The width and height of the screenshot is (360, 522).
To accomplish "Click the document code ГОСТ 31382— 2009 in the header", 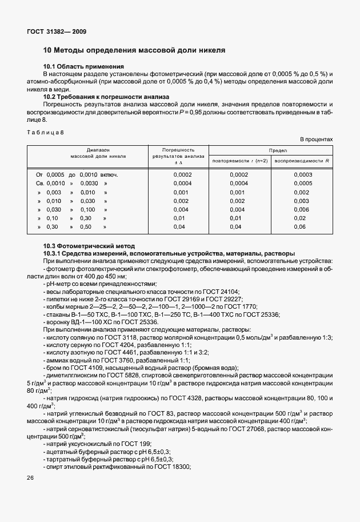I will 55,31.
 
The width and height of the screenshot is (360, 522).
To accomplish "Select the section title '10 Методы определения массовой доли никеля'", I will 134,50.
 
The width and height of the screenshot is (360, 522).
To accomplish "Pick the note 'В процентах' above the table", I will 317,140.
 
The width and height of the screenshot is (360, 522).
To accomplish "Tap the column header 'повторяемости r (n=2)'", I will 239,161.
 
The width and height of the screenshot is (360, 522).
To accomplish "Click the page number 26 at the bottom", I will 30,477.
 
